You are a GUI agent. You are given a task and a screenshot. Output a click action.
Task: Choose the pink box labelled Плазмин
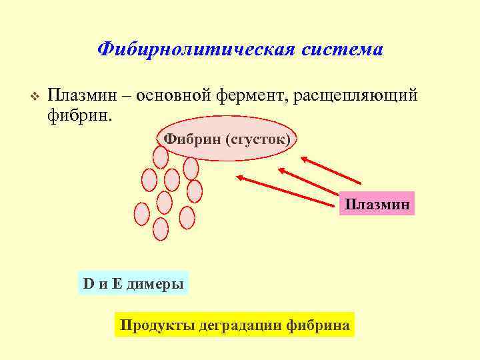tap(377, 203)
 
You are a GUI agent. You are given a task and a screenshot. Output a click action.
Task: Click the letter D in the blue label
tap(88, 284)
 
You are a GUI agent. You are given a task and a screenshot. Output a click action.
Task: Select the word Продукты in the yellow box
tap(151, 325)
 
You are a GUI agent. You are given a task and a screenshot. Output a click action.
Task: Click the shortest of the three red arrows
tap(330, 170)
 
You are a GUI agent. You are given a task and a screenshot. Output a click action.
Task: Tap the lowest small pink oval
tap(161, 229)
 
